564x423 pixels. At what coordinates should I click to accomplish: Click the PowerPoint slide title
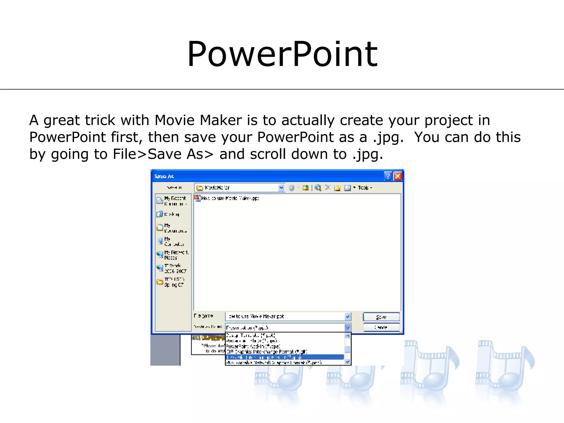(282, 54)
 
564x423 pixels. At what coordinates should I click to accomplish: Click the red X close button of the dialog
(397, 176)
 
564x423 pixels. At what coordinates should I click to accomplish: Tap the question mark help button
(387, 176)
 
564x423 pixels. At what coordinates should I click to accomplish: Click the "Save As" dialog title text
(164, 177)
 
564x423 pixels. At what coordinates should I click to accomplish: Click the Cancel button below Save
(381, 327)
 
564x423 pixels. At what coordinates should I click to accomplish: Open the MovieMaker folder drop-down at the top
(281, 188)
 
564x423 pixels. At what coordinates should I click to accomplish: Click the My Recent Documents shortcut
(172, 201)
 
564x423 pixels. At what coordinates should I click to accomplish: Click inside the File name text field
(285, 316)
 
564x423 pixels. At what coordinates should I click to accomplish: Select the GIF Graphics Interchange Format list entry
(267, 352)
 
